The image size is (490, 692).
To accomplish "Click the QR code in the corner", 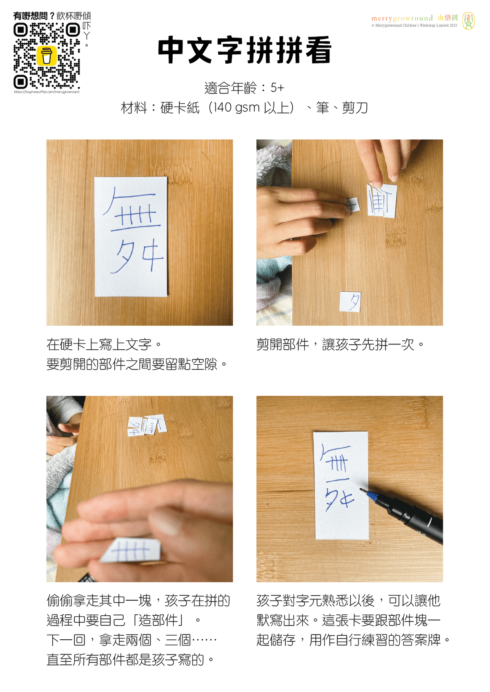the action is pos(47,55).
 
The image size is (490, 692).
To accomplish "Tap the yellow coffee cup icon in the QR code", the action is pos(47,55).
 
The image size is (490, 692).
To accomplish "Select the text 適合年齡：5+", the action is pos(244,88).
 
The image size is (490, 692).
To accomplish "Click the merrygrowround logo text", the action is pos(402,18).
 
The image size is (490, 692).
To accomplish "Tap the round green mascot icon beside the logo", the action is pos(468,21).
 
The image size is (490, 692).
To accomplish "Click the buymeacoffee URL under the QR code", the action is pos(47,92).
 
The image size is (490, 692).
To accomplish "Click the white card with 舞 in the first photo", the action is pos(131,237).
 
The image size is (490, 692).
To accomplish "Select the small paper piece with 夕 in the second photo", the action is pos(350,302).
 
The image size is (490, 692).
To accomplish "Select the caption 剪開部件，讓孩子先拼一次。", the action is pos(341,344).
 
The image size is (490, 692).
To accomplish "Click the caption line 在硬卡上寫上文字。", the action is pos(104,344).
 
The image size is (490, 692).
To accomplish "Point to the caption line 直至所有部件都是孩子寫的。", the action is pos(130,660).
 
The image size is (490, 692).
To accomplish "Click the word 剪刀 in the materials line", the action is pos(355,108).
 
